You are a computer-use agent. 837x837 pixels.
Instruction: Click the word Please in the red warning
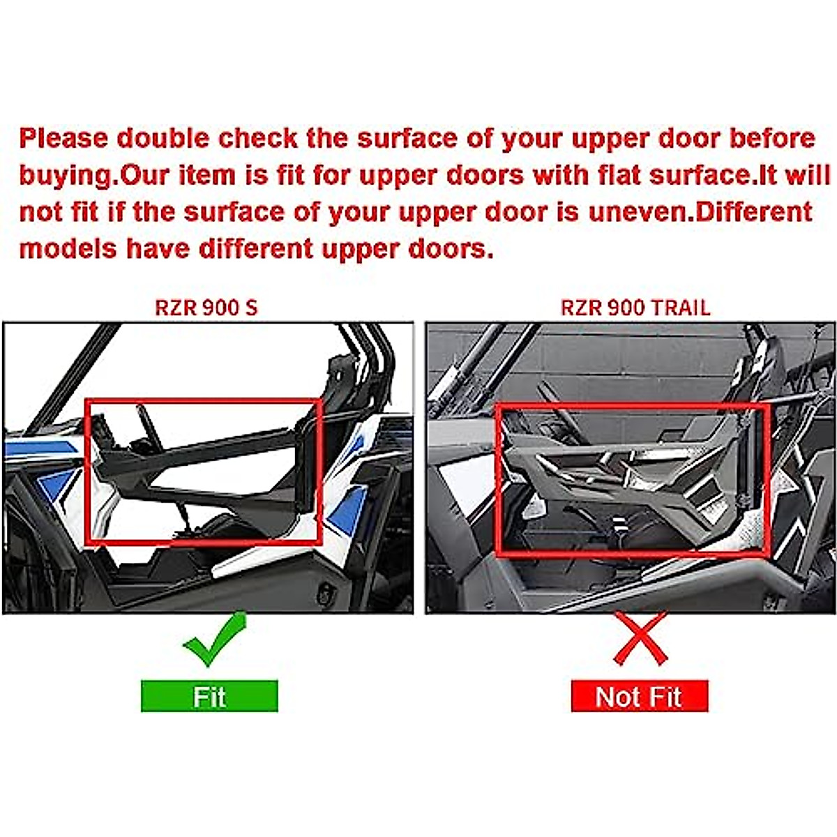[x=63, y=139]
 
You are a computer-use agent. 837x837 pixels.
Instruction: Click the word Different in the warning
[x=754, y=212]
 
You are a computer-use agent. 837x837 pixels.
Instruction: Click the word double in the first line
[x=163, y=139]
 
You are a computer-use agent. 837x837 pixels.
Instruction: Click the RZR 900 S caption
[x=206, y=308]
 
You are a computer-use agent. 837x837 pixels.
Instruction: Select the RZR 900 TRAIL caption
[x=635, y=308]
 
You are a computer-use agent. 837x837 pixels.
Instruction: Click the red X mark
[x=640, y=638]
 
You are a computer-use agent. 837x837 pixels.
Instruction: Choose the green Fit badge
[x=209, y=696]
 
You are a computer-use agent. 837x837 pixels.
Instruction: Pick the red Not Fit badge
[x=639, y=696]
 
